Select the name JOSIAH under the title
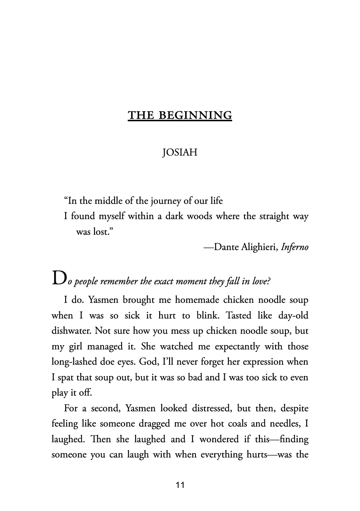coord(180,153)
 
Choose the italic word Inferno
coord(294,247)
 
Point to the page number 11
coord(180,485)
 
